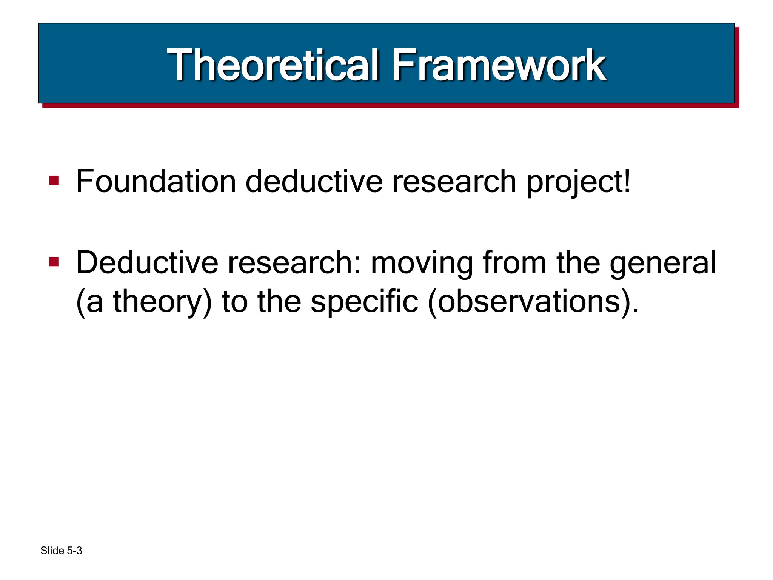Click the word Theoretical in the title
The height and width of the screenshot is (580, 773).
(x=273, y=65)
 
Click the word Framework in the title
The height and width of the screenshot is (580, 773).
(x=498, y=65)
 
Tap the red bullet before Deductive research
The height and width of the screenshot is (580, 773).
(x=54, y=262)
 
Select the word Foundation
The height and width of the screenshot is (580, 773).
(x=156, y=182)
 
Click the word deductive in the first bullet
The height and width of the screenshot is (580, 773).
(x=314, y=182)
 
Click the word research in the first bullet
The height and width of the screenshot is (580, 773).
(x=454, y=182)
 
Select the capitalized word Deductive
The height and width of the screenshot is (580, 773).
(x=147, y=263)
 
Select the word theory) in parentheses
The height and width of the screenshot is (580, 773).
(x=162, y=302)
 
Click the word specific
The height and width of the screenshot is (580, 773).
(x=364, y=302)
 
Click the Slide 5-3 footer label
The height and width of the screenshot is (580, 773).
(x=61, y=551)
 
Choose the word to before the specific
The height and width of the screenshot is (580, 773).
(x=234, y=302)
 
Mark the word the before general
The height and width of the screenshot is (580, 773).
(x=578, y=263)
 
